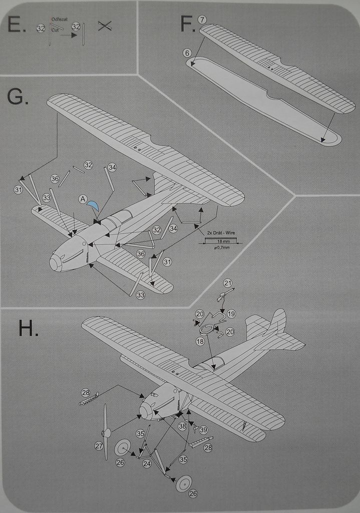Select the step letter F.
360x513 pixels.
point(187,24)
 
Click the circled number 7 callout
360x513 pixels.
point(202,20)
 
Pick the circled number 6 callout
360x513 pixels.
point(187,53)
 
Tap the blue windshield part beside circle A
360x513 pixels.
point(93,205)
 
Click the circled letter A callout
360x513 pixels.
point(83,199)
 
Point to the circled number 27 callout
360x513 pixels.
point(99,445)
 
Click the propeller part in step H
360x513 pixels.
point(106,431)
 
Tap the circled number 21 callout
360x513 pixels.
point(228,283)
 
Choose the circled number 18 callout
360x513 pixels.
point(200,341)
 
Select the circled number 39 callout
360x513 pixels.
point(203,430)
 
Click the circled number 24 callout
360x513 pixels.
point(147,463)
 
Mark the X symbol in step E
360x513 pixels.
point(105,26)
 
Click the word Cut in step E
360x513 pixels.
point(56,30)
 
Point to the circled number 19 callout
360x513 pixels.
point(231,314)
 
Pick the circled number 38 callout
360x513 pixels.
point(182,426)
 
